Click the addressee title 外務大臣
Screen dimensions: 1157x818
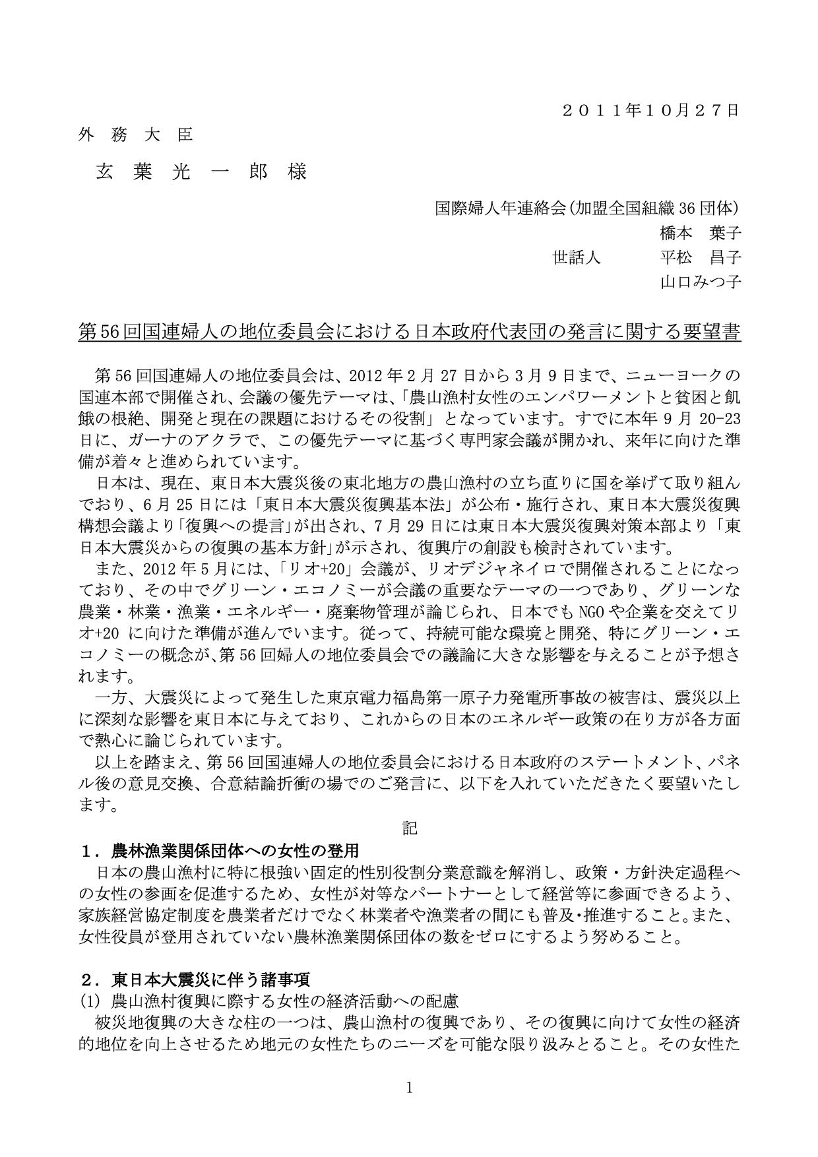tap(136, 135)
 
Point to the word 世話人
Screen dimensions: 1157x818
tap(576, 257)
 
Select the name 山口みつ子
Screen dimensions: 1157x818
tap(700, 282)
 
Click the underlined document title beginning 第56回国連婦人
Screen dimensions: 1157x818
tap(409, 332)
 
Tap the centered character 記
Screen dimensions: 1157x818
tap(410, 828)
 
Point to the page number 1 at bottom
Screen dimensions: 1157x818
tap(409, 1088)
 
